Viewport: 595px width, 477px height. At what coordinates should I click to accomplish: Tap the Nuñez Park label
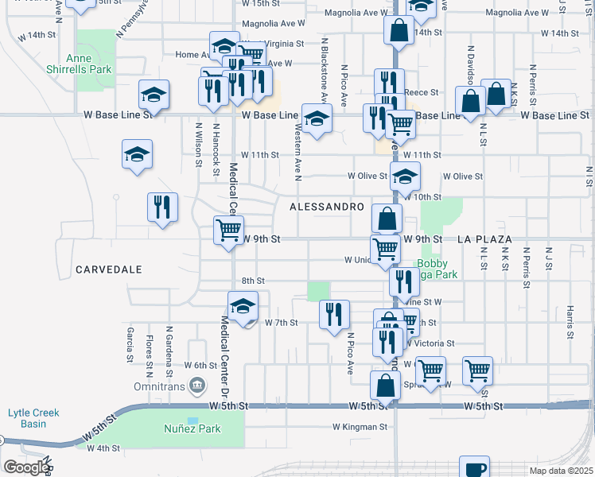tap(192, 429)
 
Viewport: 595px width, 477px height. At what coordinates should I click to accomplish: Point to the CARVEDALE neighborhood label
tap(109, 270)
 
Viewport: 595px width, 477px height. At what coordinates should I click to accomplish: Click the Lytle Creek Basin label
tap(33, 418)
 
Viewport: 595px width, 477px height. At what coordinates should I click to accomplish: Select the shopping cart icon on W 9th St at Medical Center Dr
tap(228, 231)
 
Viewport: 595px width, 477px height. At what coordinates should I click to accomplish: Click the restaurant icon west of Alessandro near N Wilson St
tap(162, 207)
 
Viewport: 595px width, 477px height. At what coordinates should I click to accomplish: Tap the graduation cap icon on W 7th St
tap(243, 307)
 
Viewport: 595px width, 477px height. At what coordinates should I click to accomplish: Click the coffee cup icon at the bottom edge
tap(474, 467)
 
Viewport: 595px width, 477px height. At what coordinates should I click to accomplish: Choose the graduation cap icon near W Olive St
tap(405, 176)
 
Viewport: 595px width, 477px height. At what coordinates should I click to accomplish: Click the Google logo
tap(25, 467)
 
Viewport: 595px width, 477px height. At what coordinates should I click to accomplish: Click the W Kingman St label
tap(360, 427)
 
